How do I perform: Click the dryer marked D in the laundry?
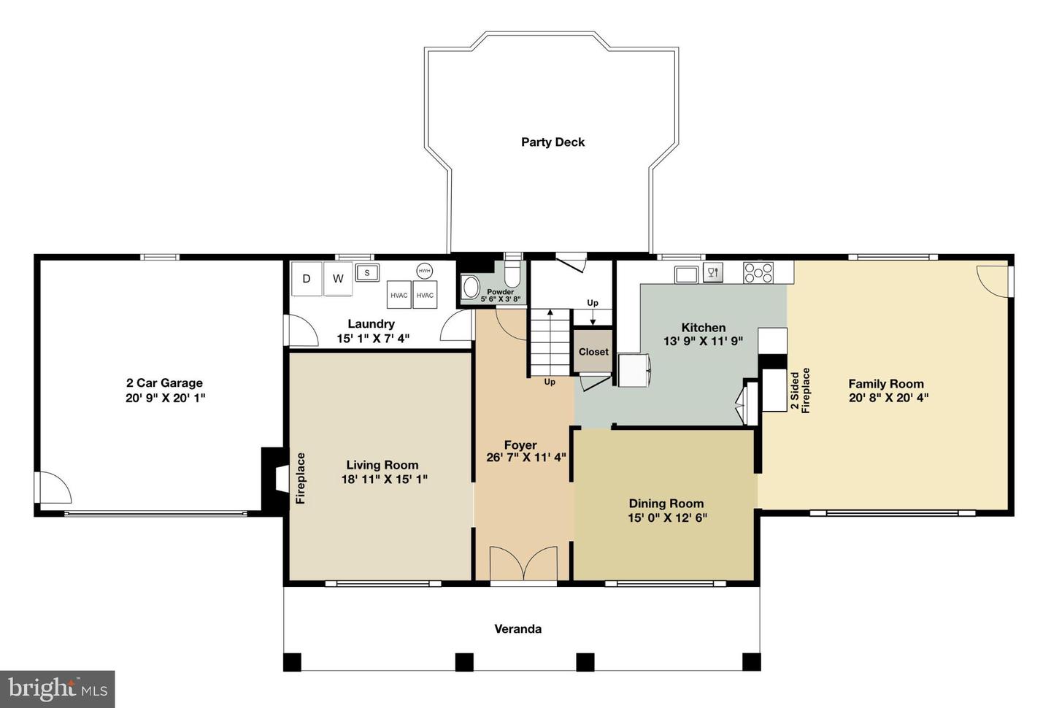point(307,279)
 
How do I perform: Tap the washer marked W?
point(338,279)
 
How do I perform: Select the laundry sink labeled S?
point(367,272)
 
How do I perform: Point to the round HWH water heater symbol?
point(424,271)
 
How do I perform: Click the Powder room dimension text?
point(501,299)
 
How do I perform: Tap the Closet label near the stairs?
point(593,352)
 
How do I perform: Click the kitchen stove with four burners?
point(758,272)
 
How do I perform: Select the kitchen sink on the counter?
point(686,274)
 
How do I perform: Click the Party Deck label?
point(553,142)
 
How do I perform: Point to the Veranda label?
point(518,628)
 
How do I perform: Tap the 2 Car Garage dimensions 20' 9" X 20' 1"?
point(165,398)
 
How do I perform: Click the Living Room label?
point(382,465)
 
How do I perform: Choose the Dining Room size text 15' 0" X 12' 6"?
point(667,517)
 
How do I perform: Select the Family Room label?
point(886,384)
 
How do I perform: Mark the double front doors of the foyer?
point(523,563)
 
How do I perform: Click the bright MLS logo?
point(57,689)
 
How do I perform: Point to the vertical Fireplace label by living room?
point(300,478)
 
